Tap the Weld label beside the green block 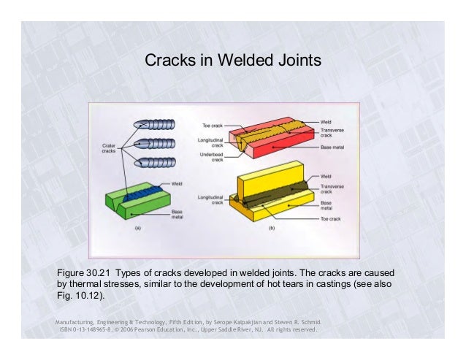pyautogui.click(x=177, y=183)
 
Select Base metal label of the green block pyautogui.click(x=177, y=214)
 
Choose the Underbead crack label pyautogui.click(x=211, y=158)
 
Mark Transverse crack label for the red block pyautogui.click(x=332, y=134)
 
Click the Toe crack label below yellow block pyautogui.click(x=332, y=218)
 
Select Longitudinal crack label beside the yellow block pyautogui.click(x=210, y=199)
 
